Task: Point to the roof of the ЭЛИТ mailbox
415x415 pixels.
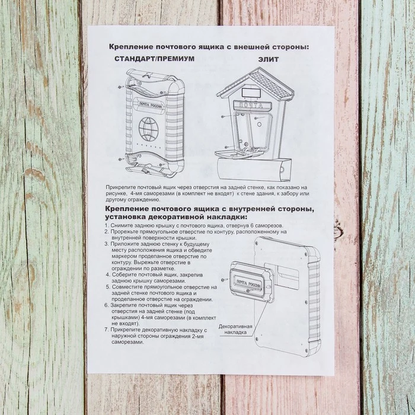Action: (x=256, y=84)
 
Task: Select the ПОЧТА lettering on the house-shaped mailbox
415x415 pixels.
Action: (x=253, y=104)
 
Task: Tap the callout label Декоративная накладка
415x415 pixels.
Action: (x=235, y=330)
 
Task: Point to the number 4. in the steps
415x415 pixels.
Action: (x=108, y=274)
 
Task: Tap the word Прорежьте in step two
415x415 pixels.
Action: (x=124, y=232)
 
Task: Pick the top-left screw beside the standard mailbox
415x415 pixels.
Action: (x=120, y=87)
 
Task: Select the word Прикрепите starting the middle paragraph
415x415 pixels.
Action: (x=122, y=186)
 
